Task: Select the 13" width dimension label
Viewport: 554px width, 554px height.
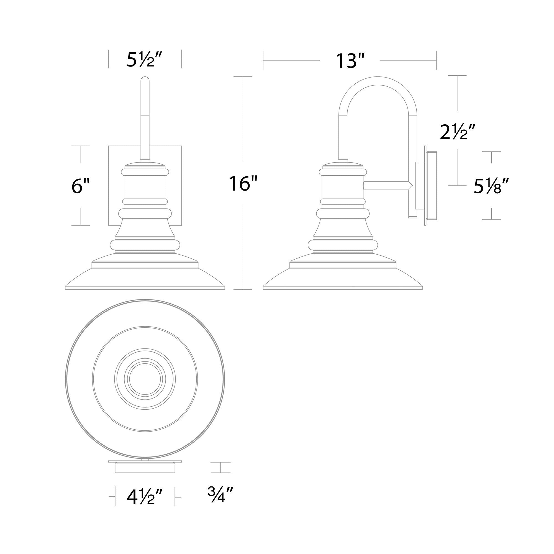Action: point(350,60)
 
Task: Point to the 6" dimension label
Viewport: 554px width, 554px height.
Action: point(81,186)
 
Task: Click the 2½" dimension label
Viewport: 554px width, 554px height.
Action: point(458,132)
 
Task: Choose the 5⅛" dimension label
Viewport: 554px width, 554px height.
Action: point(491,186)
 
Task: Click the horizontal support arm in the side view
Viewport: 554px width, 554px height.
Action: point(386,186)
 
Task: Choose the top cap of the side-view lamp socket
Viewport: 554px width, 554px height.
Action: point(343,165)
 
